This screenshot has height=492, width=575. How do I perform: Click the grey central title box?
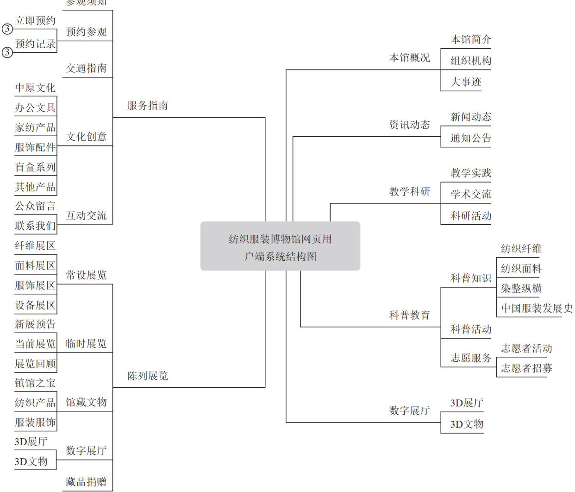[x=280, y=246]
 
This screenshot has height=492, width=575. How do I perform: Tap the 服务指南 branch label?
[x=147, y=106]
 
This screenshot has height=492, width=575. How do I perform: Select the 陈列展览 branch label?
[x=147, y=376]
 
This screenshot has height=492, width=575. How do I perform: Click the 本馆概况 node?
[x=409, y=58]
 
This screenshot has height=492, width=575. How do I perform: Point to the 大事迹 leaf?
[x=466, y=82]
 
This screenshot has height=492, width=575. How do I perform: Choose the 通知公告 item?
[x=470, y=138]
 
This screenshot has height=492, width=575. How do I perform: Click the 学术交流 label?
[x=470, y=195]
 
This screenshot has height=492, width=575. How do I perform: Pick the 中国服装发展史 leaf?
[x=536, y=308]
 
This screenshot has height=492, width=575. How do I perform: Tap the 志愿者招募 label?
[x=526, y=368]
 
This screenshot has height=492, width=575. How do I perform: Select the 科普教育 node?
[x=409, y=315]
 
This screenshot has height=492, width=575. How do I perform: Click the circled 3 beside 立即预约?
[x=7, y=29]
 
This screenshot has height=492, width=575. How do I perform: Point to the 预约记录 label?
[x=35, y=44]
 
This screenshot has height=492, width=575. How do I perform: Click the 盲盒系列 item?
[x=35, y=167]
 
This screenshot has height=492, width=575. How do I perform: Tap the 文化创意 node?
[x=86, y=137]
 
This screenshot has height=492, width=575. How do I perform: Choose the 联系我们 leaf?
[x=35, y=226]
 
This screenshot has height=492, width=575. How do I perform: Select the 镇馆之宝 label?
[x=35, y=383]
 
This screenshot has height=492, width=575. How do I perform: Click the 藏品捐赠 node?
[x=86, y=482]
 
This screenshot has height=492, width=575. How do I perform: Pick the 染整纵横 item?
[x=521, y=289]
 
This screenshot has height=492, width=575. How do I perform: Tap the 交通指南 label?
[x=86, y=68]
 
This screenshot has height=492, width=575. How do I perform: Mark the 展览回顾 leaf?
[x=35, y=363]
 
